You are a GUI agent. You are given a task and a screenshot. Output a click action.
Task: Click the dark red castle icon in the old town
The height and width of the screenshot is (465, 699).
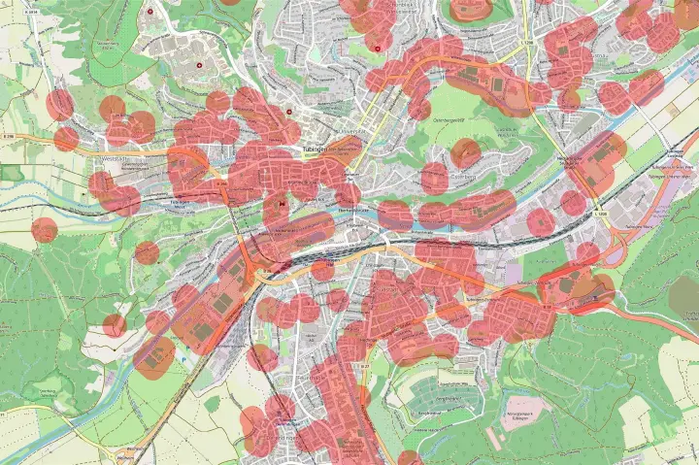[283, 204]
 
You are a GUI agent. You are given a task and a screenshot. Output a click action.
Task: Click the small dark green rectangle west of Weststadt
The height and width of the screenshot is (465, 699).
[12, 173]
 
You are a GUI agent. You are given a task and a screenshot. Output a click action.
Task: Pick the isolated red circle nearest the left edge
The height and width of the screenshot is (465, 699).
[45, 230]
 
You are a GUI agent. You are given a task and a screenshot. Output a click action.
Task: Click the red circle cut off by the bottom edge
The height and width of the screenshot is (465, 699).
[410, 458]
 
